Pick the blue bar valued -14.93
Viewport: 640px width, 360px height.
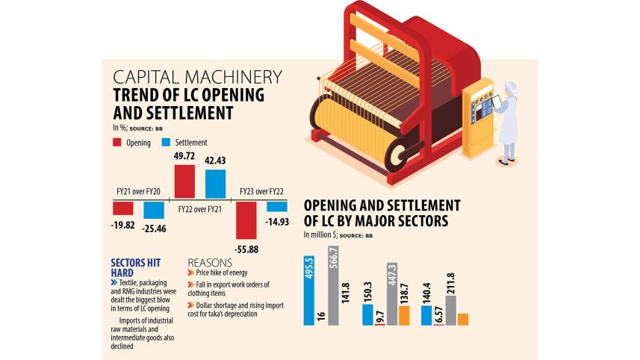pos(276,207)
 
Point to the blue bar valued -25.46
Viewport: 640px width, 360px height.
pos(154,210)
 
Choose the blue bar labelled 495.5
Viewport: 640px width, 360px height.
pos(309,291)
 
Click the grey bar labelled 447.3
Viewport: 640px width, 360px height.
pos(391,294)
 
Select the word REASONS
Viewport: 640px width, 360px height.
pos(211,264)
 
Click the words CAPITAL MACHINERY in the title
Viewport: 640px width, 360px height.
pos(197,77)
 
